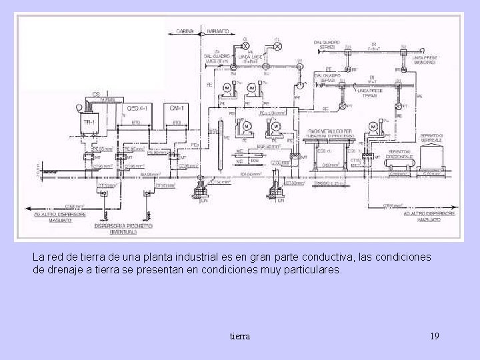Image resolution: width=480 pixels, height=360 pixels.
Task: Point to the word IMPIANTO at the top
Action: tap(217, 31)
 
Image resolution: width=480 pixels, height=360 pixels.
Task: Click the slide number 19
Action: tap(435, 336)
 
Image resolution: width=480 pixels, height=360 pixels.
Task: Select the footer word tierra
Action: tap(239, 336)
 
